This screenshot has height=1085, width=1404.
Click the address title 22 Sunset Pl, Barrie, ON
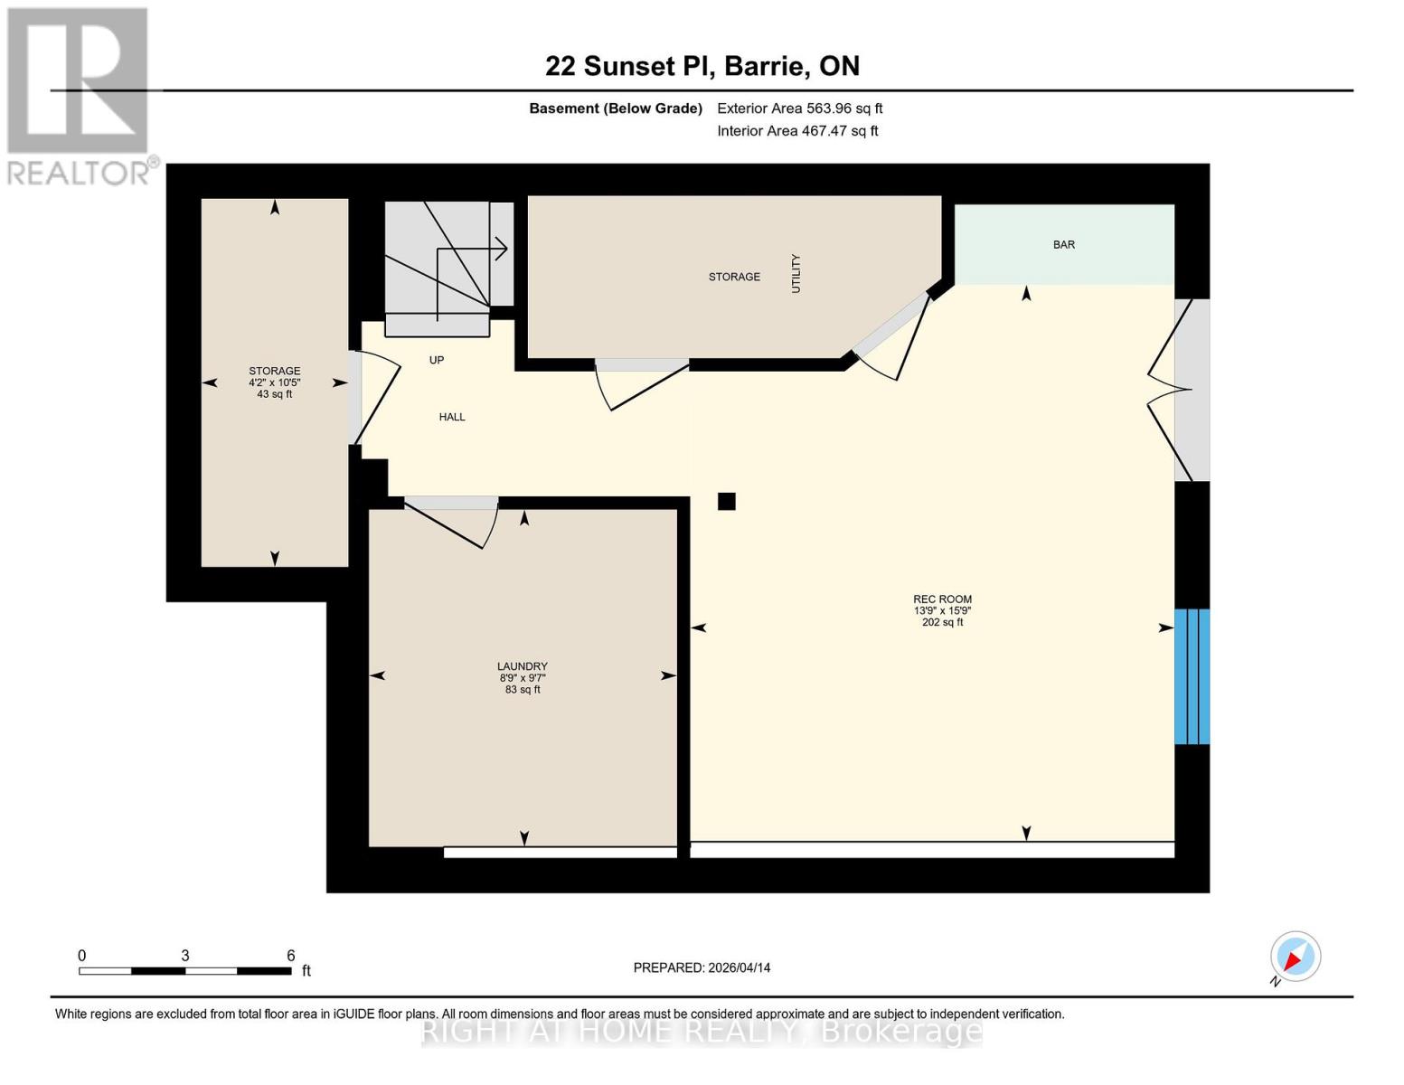(702, 66)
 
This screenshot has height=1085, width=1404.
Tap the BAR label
(1063, 245)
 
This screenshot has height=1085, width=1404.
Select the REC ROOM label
(942, 599)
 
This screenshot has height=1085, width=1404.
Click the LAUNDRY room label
(522, 666)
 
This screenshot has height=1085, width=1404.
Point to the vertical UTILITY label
(796, 273)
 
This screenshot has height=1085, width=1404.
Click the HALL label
(452, 417)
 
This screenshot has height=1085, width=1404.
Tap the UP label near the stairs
(437, 360)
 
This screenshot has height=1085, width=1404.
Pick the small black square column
(726, 501)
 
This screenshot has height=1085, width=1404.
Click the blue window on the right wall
(1191, 676)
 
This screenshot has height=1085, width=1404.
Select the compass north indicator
(1295, 957)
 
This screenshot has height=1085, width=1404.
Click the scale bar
(185, 970)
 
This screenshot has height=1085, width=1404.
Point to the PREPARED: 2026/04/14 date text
(702, 967)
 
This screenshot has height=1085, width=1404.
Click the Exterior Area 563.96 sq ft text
(799, 108)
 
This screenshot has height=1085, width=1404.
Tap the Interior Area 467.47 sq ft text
(797, 131)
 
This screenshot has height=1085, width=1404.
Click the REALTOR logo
(80, 95)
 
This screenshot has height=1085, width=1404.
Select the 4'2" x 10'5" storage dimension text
(275, 382)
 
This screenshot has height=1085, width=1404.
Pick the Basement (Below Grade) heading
(616, 108)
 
